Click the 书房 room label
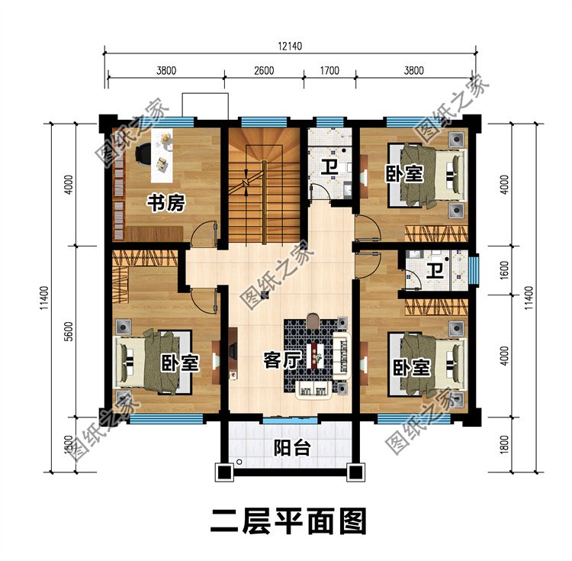pyautogui.click(x=165, y=203)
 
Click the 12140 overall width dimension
pyautogui.click(x=291, y=46)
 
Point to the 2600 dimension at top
pyautogui.click(x=264, y=70)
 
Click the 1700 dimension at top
pyautogui.click(x=330, y=70)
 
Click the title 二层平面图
pyautogui.click(x=288, y=522)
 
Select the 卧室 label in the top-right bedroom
pyautogui.click(x=403, y=174)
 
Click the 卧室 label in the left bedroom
pyautogui.click(x=181, y=362)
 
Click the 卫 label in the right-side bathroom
pyautogui.click(x=435, y=271)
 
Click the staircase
pyautogui.click(x=264, y=187)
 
